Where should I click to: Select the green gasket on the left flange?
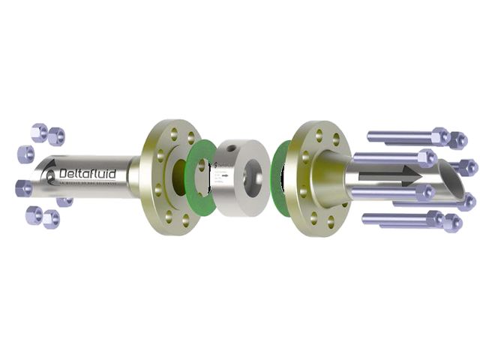(198, 176)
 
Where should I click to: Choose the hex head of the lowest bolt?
(434, 219)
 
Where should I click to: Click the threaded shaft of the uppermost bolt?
(397, 136)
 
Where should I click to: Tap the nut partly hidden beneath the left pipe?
(65, 201)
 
